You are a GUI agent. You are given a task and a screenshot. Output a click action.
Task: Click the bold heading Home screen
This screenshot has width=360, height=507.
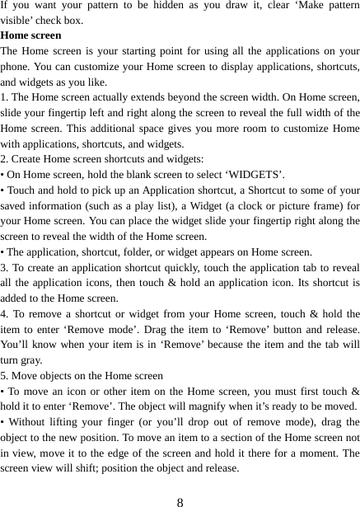31,37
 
